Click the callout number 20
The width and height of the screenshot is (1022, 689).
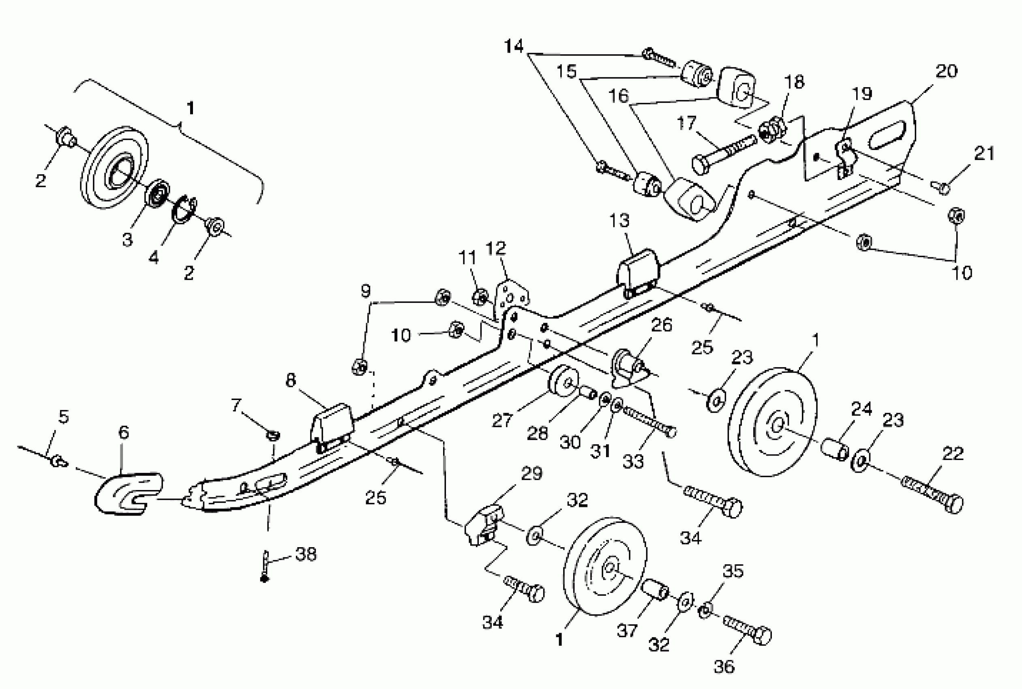(947, 71)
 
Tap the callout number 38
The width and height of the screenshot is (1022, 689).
(306, 554)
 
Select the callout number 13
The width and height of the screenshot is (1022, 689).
(619, 220)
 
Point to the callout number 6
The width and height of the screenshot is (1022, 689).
(124, 432)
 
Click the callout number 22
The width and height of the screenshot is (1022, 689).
(953, 454)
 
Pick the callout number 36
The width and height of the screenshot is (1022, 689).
(724, 667)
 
